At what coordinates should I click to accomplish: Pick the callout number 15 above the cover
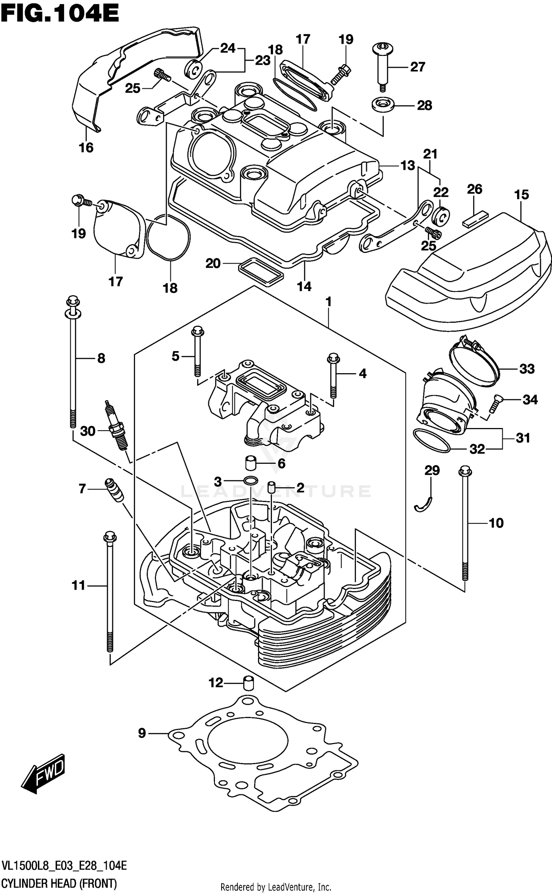(x=521, y=195)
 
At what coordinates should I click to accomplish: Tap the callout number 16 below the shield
(x=86, y=148)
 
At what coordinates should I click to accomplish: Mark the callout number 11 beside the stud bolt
(x=78, y=585)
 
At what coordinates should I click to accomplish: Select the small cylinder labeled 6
(x=251, y=463)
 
